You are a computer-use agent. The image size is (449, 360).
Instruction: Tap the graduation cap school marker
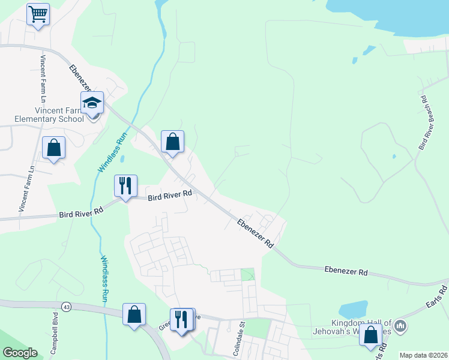[92, 103]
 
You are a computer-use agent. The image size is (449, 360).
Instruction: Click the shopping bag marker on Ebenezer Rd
[172, 142]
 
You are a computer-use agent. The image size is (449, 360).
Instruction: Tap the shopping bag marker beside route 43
[134, 314]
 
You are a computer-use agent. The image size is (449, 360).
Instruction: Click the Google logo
[20, 353]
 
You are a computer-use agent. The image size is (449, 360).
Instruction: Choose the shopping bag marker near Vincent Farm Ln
[54, 148]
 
